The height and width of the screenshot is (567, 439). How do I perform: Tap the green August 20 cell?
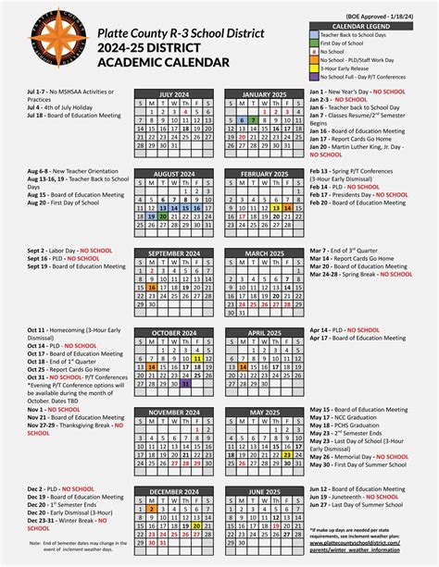point(164,215)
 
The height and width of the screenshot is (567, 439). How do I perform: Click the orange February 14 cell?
point(288,208)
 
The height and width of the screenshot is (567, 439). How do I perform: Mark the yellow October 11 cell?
point(197,356)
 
